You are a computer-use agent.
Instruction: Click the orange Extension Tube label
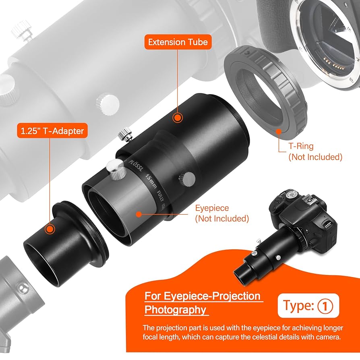(178, 42)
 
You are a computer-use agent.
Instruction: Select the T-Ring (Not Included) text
(315, 152)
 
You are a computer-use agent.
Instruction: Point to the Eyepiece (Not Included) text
(222, 213)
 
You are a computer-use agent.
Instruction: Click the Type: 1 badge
(308, 306)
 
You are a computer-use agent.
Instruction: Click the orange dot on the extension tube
(176, 118)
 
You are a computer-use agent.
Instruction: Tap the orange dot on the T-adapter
(50, 229)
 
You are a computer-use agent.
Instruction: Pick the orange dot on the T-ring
(278, 132)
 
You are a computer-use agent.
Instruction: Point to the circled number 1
(325, 306)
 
